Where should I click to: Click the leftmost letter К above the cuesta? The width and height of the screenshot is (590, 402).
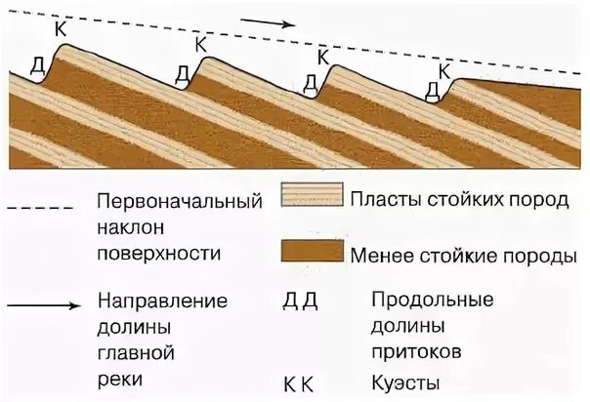(61, 28)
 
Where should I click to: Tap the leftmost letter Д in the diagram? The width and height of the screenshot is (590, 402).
(37, 66)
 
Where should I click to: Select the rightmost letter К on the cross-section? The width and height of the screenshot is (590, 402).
(444, 70)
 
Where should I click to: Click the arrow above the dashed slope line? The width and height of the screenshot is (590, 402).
(267, 21)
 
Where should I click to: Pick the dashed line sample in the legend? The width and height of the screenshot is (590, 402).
(40, 208)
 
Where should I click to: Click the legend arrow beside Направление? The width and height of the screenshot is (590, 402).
(43, 306)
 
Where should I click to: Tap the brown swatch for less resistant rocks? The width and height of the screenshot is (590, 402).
(312, 251)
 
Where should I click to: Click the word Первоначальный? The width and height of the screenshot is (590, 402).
(181, 203)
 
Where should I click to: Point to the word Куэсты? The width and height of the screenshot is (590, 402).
(404, 384)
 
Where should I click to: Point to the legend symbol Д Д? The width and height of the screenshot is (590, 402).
(300, 300)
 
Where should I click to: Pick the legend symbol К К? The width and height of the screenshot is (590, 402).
(299, 384)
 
